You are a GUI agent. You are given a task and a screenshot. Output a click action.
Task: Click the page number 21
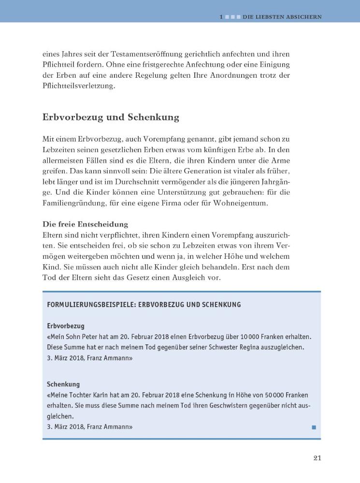pyautogui.click(x=317, y=458)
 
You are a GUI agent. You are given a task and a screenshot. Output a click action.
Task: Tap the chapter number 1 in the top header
pyautogui.click(x=221, y=17)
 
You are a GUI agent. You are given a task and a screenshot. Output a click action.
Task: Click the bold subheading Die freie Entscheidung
pyautogui.click(x=85, y=224)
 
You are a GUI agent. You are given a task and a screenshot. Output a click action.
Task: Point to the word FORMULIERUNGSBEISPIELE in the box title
pyautogui.click(x=89, y=304)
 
